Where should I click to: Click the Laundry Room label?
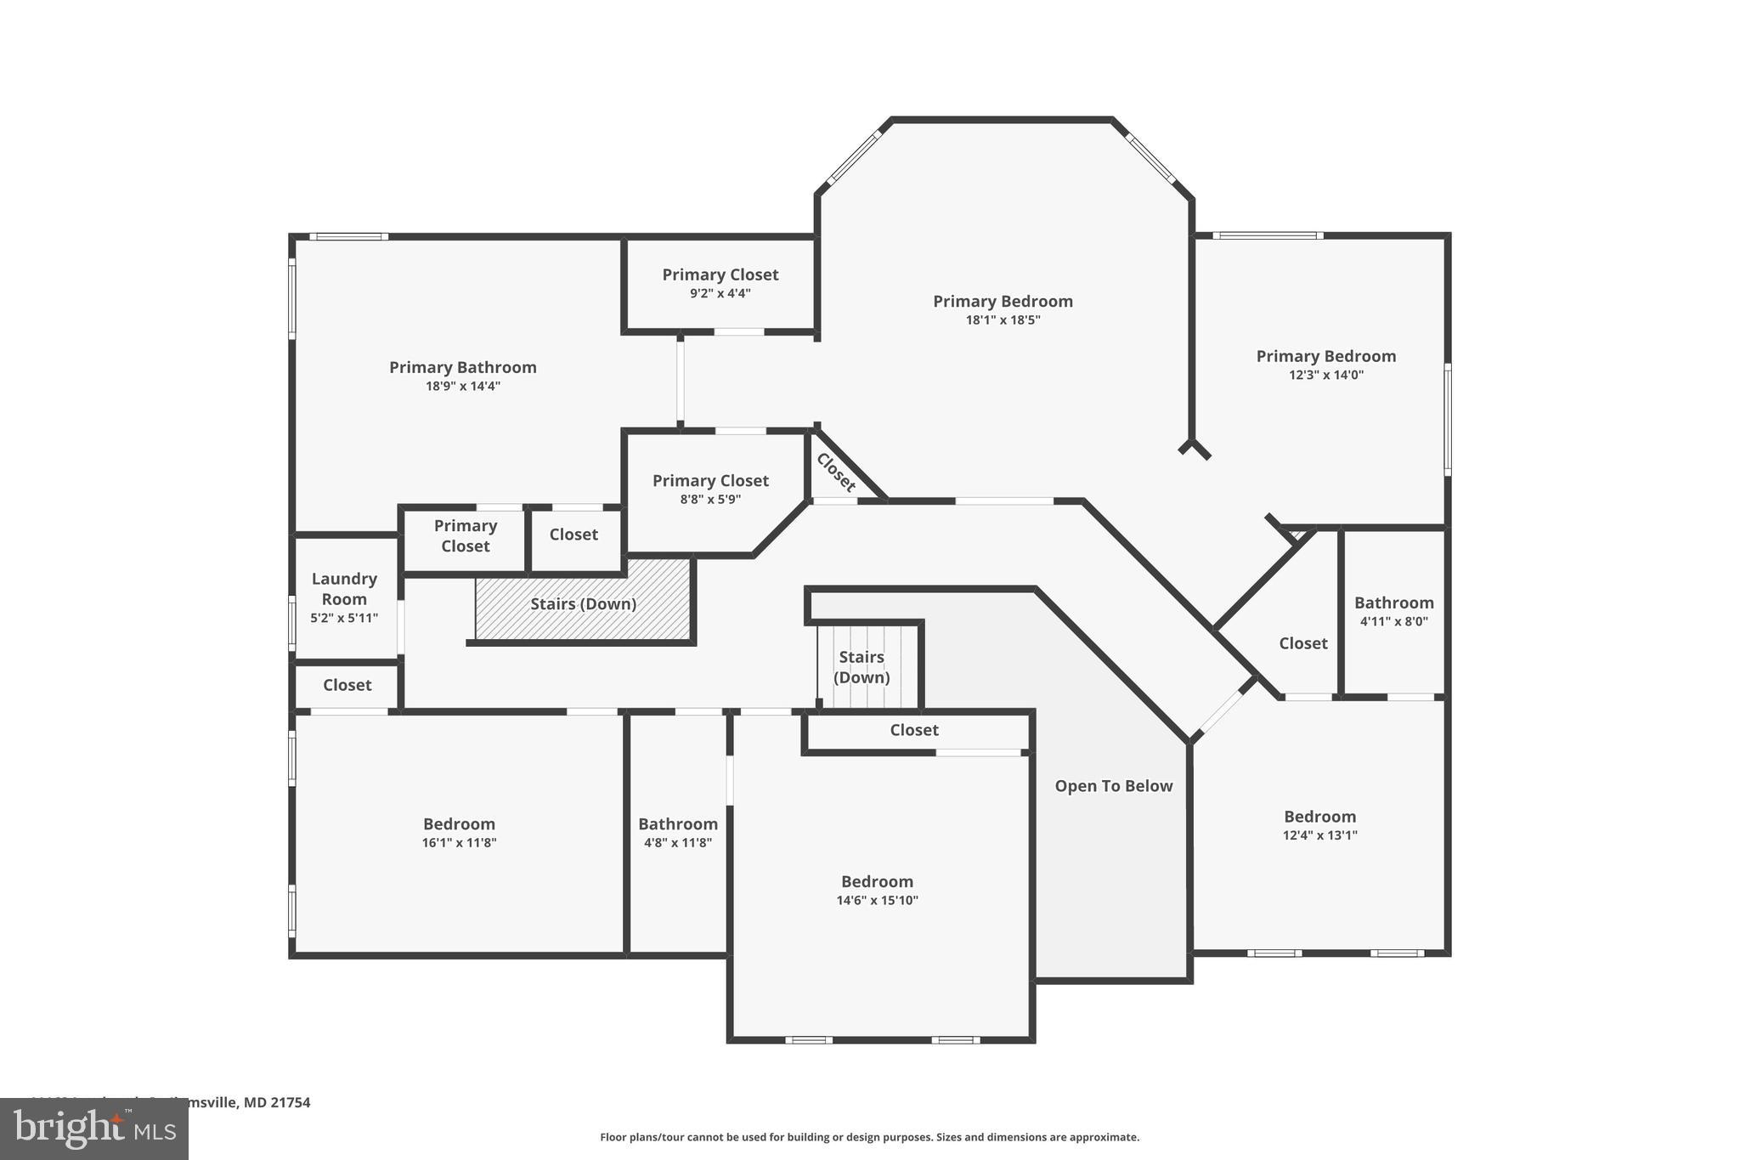pos(343,589)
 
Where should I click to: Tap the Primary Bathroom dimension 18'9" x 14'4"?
pos(463,387)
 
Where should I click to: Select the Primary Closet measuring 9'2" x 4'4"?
pos(720,283)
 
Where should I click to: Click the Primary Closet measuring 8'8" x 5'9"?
pos(710,489)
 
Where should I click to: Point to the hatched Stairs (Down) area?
pos(583,604)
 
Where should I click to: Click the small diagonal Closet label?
pos(836,472)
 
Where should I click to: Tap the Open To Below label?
pos(1113,786)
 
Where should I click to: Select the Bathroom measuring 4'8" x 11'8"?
pos(678,833)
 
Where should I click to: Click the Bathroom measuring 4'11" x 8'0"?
pos(1393,611)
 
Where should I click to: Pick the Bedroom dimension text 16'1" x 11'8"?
pos(459,843)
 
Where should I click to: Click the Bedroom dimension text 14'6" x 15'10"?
pos(877,901)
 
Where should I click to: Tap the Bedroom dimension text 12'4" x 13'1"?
pos(1319,835)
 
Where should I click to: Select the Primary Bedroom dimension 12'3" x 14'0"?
pos(1325,375)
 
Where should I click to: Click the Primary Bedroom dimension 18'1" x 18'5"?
pos(1003,320)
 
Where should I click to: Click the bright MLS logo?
pos(94,1129)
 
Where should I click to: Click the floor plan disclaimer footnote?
pos(869,1137)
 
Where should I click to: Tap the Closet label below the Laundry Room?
pos(347,685)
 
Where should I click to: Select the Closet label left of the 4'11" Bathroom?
pos(1302,643)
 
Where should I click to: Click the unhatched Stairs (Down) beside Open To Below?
pos(862,667)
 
